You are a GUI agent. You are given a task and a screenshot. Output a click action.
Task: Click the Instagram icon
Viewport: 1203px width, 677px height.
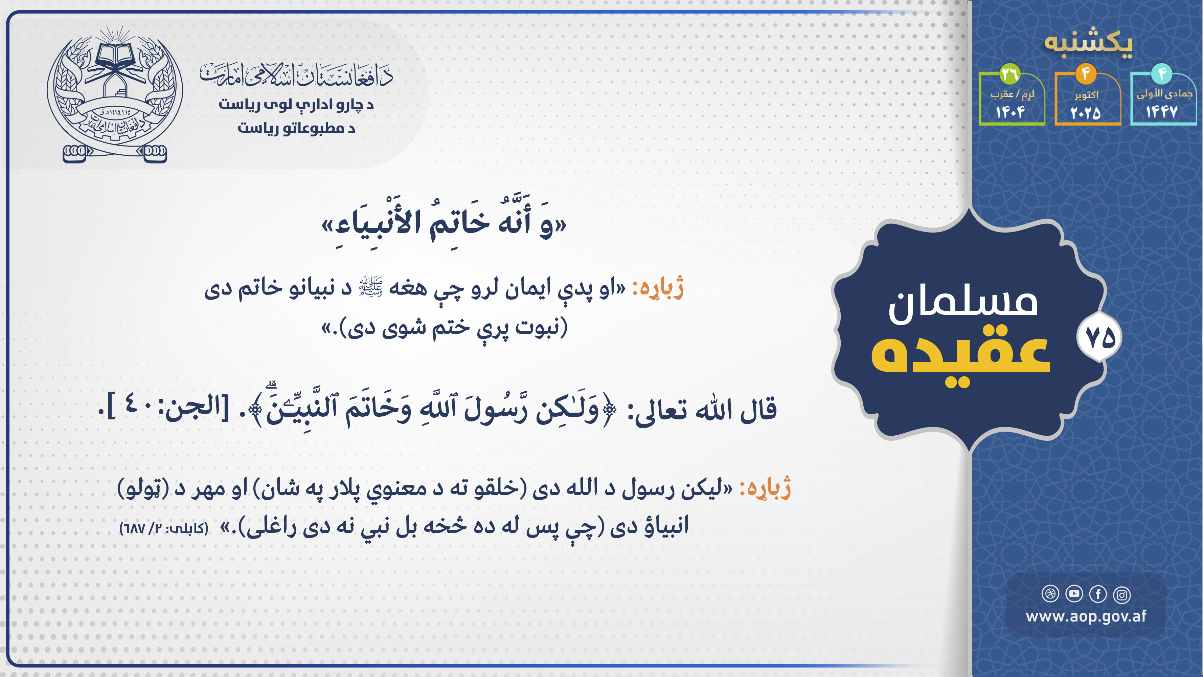tap(1122, 594)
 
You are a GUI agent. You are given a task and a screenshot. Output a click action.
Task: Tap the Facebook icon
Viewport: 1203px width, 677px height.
tap(1098, 594)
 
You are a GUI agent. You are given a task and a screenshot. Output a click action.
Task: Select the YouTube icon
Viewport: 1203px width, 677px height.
tap(1074, 594)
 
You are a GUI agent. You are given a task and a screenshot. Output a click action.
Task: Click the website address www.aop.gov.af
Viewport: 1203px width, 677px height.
tap(1086, 616)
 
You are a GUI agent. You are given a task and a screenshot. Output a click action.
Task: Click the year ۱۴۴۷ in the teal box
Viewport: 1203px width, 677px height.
tap(1161, 112)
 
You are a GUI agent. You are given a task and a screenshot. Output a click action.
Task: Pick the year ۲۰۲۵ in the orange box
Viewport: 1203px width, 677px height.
tap(1086, 113)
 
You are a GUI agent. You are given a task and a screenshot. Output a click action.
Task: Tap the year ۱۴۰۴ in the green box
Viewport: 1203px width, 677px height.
tap(1010, 112)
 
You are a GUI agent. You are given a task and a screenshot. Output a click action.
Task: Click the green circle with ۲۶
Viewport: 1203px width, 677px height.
tap(1009, 73)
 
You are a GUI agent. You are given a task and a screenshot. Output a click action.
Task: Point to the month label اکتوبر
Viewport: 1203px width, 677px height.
tap(1086, 95)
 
